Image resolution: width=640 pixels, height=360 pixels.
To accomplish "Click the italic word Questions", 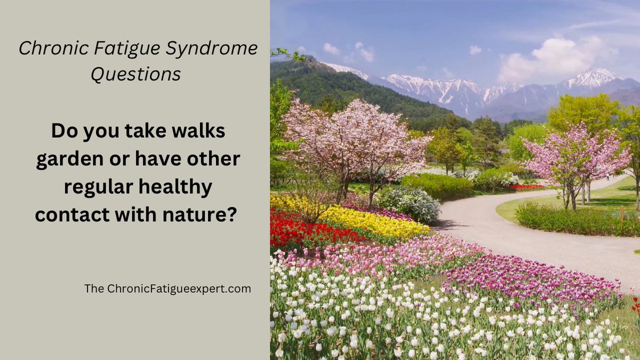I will pos(135,75).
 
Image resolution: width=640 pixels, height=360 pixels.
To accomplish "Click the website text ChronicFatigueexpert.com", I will pos(179,289).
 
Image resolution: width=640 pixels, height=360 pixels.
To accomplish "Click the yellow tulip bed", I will pos(373,221).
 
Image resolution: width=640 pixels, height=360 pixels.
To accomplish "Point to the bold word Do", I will pos(63,131).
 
